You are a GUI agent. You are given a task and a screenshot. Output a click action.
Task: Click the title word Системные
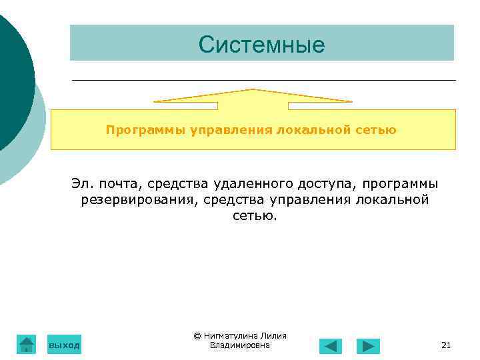(261, 45)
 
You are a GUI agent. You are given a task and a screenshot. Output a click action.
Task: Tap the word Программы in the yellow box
(145, 130)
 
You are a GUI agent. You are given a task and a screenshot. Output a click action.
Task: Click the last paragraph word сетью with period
(254, 215)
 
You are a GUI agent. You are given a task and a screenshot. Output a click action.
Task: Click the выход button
(64, 345)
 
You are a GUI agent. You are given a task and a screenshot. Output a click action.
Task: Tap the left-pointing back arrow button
(330, 346)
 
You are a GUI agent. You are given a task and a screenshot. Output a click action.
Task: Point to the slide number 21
(446, 345)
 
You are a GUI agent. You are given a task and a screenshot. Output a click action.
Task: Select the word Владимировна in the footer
(239, 345)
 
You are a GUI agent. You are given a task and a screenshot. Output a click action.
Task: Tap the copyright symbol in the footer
(197, 336)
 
